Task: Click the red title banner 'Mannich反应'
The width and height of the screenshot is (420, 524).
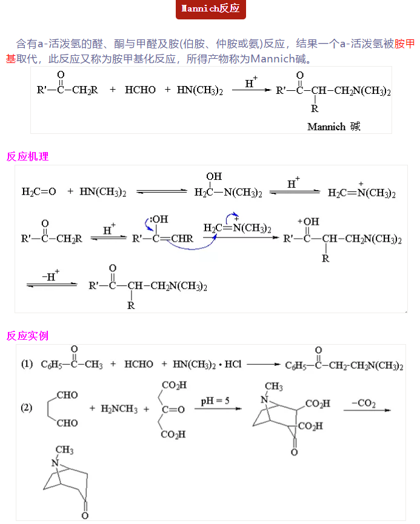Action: (210, 9)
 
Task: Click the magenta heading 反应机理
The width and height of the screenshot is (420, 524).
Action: (27, 156)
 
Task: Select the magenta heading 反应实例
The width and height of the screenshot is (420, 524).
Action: (27, 336)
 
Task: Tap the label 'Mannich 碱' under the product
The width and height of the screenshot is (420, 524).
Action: (333, 127)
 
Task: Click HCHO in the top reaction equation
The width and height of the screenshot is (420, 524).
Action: (140, 90)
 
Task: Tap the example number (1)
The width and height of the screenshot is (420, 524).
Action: (27, 365)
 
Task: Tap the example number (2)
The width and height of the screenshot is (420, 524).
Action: (27, 408)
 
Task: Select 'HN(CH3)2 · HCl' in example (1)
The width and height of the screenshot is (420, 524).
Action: (207, 365)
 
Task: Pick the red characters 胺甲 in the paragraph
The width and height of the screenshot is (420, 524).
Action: (404, 44)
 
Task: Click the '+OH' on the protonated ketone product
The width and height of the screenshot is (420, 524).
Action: (309, 222)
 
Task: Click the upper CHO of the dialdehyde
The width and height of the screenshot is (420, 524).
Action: (67, 395)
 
